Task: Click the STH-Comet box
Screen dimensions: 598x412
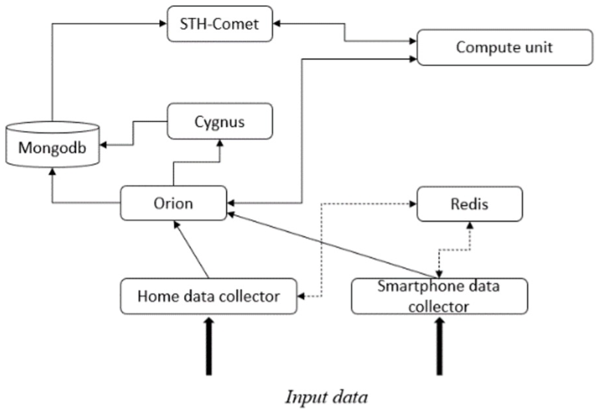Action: click(220, 24)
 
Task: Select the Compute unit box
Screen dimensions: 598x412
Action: click(505, 47)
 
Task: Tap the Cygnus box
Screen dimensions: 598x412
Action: click(220, 121)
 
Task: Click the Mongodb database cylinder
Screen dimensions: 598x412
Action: click(52, 144)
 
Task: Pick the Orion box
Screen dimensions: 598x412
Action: click(174, 203)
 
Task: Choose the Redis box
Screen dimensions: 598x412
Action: click(470, 204)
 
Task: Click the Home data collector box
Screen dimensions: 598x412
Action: click(209, 296)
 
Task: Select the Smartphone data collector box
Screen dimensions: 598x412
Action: click(439, 296)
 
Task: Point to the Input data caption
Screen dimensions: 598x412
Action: click(326, 397)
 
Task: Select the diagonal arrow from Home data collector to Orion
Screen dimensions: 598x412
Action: click(191, 249)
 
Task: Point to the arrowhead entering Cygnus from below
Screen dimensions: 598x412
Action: click(220, 143)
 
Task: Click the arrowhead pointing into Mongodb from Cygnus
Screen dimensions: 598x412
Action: click(103, 145)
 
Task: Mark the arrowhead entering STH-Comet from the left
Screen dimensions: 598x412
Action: click(163, 24)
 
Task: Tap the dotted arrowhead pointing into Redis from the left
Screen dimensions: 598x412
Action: click(413, 204)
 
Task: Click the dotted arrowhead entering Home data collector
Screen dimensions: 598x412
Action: click(301, 296)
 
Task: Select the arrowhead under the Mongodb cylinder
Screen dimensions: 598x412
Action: click(52, 172)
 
